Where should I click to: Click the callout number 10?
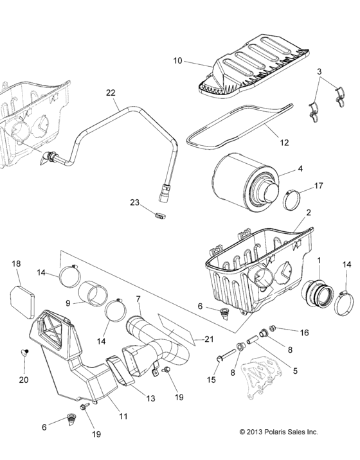coord(177,61)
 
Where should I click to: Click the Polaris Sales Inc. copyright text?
coord(278,432)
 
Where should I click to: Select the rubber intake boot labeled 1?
coord(318,299)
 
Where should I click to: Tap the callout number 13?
coord(150,398)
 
